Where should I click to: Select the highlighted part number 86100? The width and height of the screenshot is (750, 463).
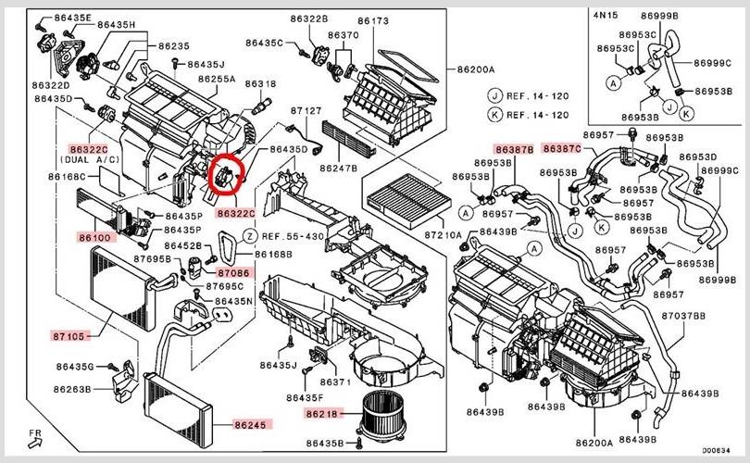tap(94, 238)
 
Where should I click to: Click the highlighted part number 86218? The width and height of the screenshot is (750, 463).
tap(322, 413)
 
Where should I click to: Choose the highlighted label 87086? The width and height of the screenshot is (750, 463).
tap(232, 273)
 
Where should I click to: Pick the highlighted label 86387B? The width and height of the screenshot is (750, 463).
tap(514, 148)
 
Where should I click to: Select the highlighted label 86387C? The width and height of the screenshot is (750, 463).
tap(562, 148)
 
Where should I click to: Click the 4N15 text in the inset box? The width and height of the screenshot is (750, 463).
tap(607, 16)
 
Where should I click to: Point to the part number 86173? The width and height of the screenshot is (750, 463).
tap(372, 19)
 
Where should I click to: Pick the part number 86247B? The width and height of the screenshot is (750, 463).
tap(338, 169)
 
